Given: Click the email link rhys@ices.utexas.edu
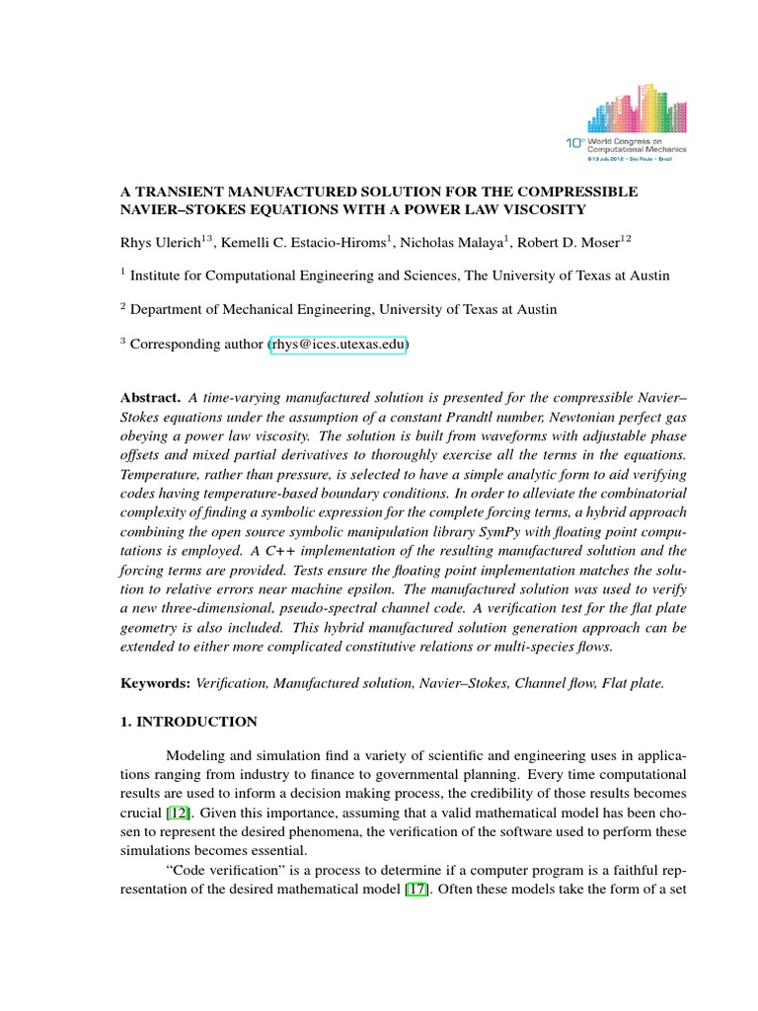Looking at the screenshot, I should (338, 345).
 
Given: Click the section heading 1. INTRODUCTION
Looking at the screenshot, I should (189, 722).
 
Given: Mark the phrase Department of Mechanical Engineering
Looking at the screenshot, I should (245, 309).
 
